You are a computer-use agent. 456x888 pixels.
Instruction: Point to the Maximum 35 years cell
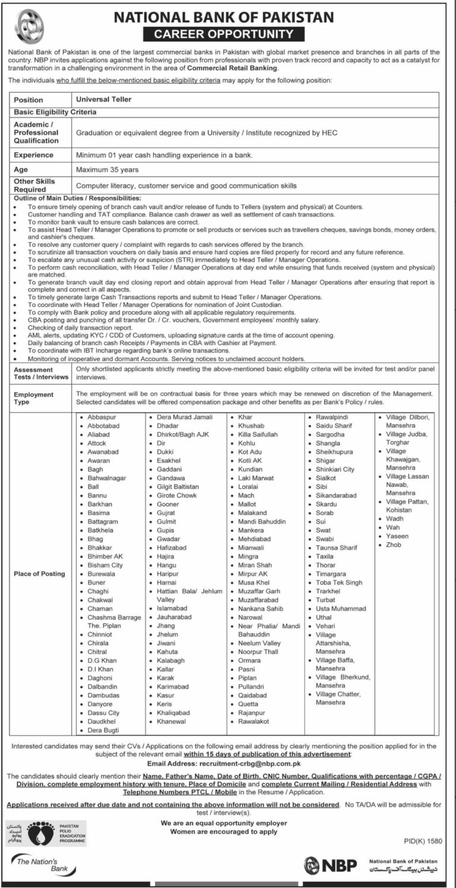click(107, 170)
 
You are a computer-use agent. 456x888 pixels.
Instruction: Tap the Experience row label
click(33, 155)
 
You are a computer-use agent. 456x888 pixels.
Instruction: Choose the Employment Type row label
click(33, 398)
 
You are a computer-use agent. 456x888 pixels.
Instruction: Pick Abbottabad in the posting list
click(103, 426)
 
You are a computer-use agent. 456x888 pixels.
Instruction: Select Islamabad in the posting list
click(172, 608)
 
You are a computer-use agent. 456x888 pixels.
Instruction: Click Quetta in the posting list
click(249, 704)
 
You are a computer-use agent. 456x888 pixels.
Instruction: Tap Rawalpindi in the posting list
click(334, 417)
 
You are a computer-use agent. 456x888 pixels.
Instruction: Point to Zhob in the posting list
click(394, 545)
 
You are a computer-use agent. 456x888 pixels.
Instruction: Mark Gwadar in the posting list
click(169, 538)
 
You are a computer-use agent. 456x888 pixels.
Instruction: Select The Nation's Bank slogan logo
click(39, 865)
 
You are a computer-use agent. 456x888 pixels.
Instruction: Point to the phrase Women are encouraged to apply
click(224, 832)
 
